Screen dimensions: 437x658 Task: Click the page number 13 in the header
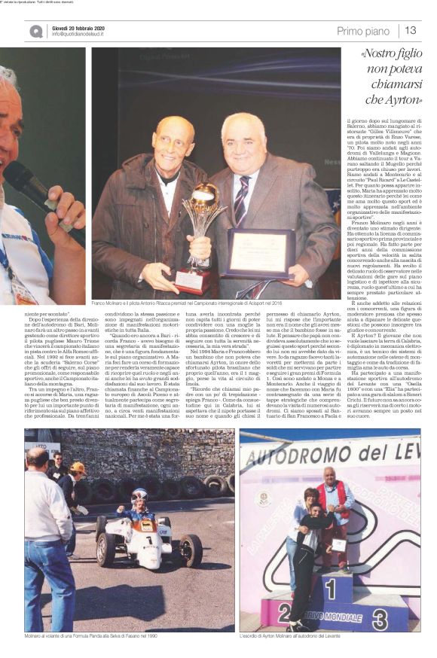coord(411,30)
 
